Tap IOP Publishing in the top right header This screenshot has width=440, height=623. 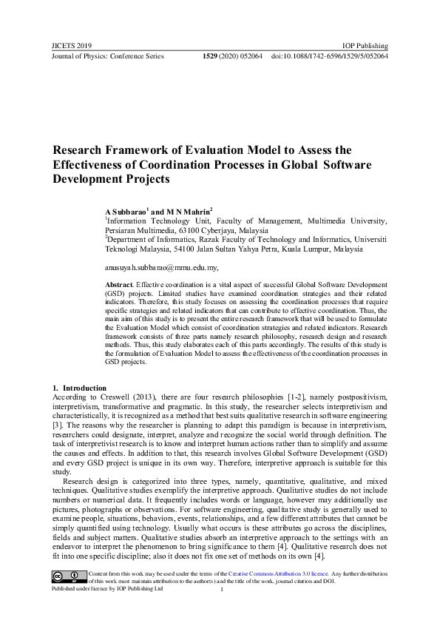point(365,45)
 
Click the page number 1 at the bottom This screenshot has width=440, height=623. point(222,589)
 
